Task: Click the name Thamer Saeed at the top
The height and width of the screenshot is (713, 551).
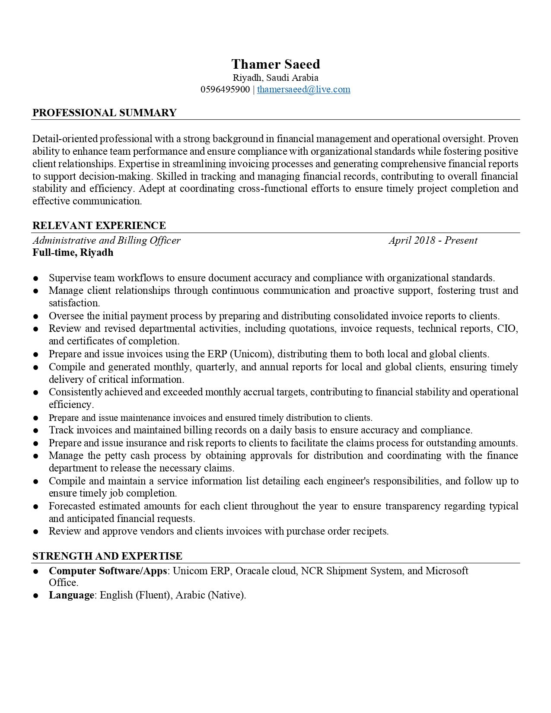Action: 275,64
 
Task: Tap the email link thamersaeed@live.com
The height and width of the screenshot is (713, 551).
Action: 303,89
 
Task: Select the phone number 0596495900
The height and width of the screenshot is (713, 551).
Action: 225,89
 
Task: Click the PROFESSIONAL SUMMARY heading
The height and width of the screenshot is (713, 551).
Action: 104,113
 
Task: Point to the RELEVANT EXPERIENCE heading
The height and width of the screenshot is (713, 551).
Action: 99,226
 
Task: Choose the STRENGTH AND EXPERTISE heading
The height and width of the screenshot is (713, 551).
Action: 107,556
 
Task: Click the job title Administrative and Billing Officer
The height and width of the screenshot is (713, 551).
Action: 106,240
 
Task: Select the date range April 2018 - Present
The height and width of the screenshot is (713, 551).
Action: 433,240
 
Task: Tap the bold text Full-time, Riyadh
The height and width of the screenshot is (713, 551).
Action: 73,252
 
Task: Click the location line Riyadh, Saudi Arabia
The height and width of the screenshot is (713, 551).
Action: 275,78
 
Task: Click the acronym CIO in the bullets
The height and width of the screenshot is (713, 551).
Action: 507,328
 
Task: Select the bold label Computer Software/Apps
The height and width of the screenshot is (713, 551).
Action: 108,571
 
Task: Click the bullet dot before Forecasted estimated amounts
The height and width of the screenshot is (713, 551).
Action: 36,506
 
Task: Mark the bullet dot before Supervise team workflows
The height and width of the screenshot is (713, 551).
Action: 36,278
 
